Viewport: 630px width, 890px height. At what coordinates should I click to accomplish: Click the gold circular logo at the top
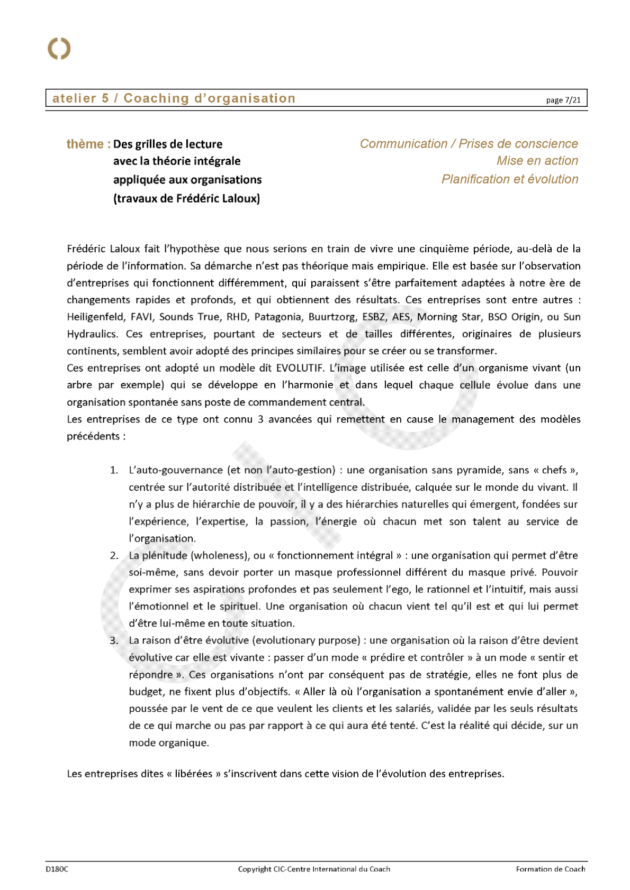click(x=59, y=49)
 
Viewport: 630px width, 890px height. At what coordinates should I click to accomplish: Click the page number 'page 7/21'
click(x=563, y=100)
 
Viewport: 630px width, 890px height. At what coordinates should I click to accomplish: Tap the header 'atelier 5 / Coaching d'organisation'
click(x=174, y=98)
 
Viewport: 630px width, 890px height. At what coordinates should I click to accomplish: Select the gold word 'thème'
click(x=85, y=144)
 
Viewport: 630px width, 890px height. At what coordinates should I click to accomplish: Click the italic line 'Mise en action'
click(x=537, y=161)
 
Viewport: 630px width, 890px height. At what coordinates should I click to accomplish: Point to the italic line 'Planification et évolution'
click(x=510, y=179)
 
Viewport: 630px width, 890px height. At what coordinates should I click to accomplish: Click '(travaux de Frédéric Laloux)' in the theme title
click(x=186, y=199)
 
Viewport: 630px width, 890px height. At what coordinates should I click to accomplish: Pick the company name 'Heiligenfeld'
click(x=96, y=317)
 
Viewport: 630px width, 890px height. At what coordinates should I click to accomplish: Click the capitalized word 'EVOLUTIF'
click(x=300, y=368)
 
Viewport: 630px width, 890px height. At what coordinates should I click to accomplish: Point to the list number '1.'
click(x=114, y=470)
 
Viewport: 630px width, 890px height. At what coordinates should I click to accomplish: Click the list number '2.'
click(x=114, y=555)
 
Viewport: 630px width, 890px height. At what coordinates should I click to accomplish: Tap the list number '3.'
click(x=114, y=640)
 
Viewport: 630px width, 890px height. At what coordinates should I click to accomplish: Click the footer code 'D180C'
click(x=57, y=869)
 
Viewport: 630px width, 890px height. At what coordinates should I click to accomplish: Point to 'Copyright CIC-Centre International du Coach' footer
click(x=314, y=869)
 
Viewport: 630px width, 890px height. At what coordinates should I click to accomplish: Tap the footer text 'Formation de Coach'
click(x=551, y=869)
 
